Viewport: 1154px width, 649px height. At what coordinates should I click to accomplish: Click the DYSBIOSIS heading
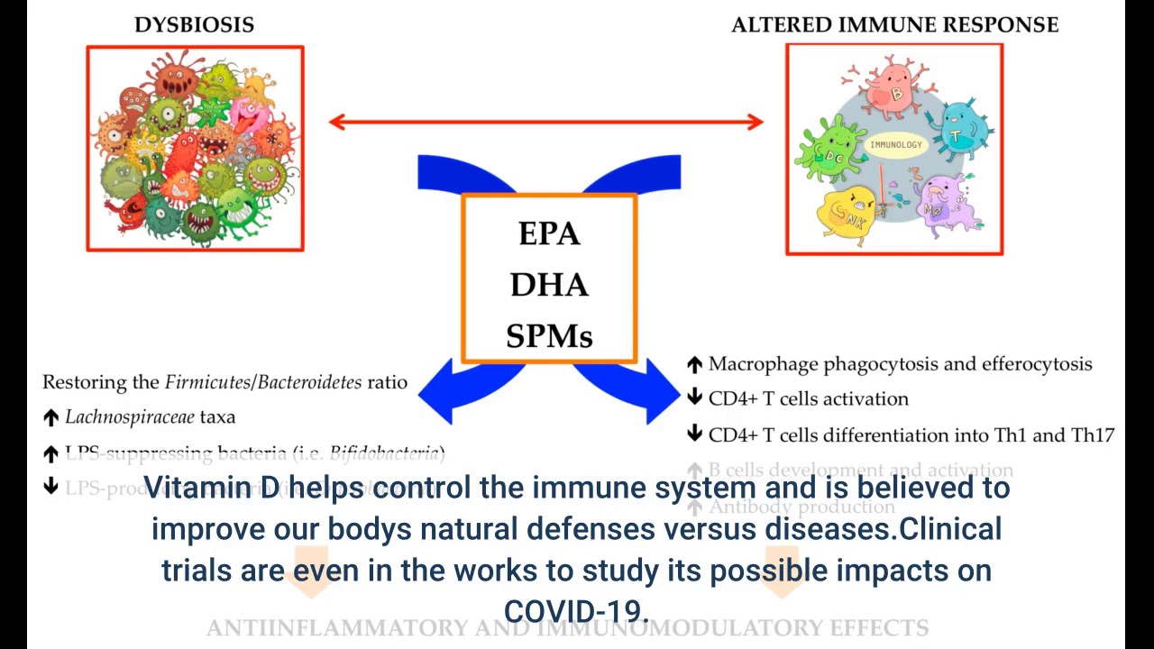[194, 25]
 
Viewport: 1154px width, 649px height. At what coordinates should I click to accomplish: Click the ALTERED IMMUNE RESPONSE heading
[894, 25]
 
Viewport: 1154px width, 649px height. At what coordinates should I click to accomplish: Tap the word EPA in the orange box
[548, 234]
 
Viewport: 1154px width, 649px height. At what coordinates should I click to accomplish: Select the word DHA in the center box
[548, 286]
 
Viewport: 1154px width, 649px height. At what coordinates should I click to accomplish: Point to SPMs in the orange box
[548, 337]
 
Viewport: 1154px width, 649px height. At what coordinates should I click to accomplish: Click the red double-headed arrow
[545, 122]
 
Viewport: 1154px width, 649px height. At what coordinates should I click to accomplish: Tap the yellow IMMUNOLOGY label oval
[895, 144]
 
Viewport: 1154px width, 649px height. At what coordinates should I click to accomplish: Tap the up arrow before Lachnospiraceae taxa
[50, 417]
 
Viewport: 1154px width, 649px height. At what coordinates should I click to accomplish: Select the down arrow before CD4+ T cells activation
[694, 398]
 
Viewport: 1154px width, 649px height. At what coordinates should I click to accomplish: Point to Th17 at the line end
[1092, 434]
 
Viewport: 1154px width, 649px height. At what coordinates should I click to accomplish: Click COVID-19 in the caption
[574, 611]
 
